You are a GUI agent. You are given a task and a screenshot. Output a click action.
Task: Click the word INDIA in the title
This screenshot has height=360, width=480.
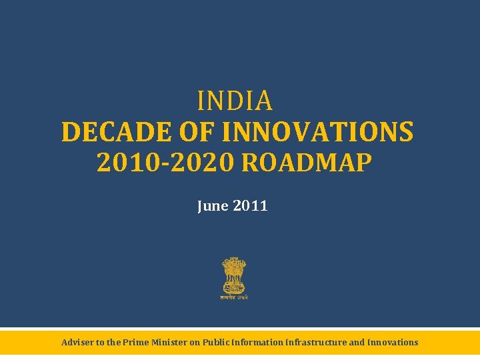pos(235,101)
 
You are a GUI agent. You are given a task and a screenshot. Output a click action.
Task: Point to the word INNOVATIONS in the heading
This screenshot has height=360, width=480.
pos(317,132)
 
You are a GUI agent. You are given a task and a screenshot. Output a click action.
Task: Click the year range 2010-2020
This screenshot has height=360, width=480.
pos(166,163)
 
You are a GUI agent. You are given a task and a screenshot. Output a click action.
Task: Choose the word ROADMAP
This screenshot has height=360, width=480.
pos(304,163)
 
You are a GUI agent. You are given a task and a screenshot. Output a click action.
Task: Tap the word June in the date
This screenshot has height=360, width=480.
pos(213,206)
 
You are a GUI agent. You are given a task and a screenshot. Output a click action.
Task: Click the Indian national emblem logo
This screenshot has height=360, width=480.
pos(233,276)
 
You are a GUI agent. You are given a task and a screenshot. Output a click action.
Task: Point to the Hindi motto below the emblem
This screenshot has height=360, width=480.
pos(233,297)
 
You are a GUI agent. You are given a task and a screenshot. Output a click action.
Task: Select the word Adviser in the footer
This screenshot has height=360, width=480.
pos(77,343)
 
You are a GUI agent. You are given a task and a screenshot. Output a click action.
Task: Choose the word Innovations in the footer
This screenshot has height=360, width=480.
pos(393,343)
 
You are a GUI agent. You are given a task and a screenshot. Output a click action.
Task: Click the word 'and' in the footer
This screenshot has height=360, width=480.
pos(357,343)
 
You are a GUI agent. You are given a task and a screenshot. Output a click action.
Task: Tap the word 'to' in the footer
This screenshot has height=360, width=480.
pos(101,343)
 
